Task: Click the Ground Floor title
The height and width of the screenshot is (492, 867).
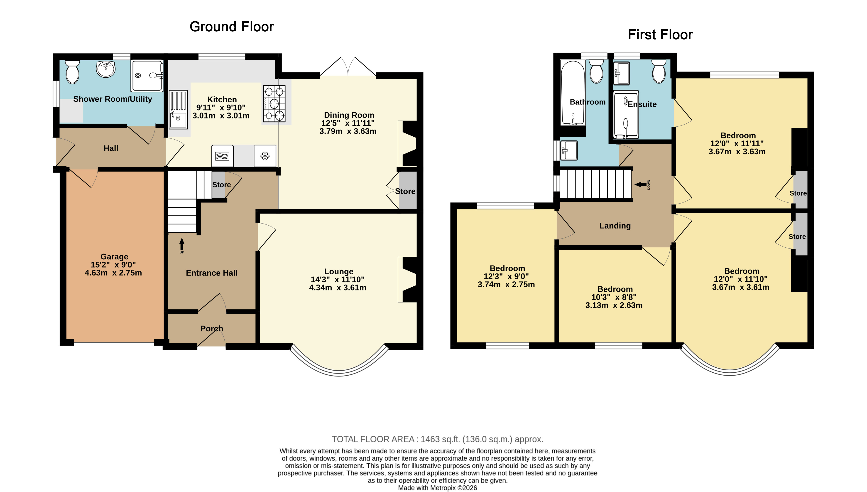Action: tap(232, 27)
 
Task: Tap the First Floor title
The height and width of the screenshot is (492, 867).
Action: tap(660, 35)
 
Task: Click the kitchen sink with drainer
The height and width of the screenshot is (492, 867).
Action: tap(178, 109)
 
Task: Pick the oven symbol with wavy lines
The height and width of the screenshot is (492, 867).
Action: tap(222, 156)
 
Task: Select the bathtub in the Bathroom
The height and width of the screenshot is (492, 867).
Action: tap(573, 93)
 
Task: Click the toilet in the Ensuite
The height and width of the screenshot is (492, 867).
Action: tap(659, 71)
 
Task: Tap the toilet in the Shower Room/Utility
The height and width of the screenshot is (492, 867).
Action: tap(72, 72)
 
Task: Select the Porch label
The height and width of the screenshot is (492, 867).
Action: tap(212, 328)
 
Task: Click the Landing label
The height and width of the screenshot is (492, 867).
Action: tap(615, 226)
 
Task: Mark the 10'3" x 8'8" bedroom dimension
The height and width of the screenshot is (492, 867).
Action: tap(614, 297)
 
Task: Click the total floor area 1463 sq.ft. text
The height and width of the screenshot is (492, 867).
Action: tap(437, 439)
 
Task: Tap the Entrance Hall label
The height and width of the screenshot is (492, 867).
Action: tap(212, 273)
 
